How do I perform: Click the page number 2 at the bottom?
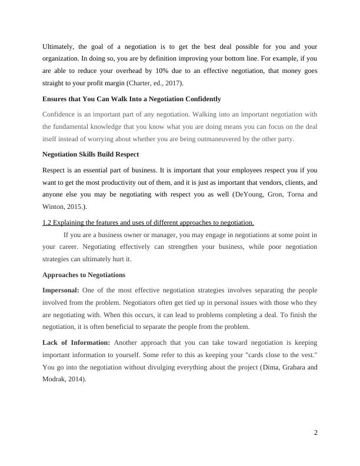click(x=315, y=433)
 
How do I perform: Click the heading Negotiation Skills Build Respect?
click(x=91, y=154)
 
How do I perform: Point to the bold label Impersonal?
click(x=61, y=290)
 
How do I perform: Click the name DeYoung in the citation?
click(x=250, y=194)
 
